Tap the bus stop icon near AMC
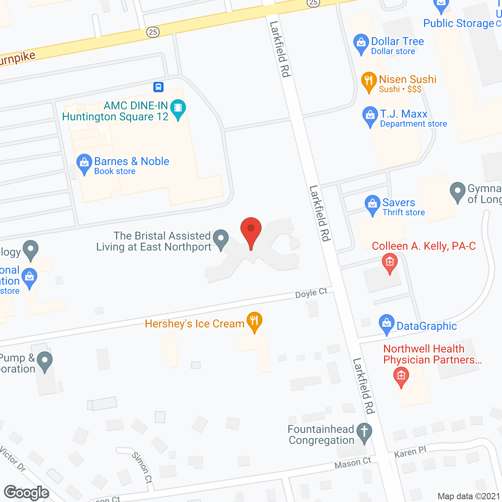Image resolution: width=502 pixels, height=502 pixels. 158,87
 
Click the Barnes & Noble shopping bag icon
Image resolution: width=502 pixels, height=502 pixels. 84,164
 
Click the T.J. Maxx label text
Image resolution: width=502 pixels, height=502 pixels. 404,114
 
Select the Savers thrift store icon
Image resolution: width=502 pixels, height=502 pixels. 372,205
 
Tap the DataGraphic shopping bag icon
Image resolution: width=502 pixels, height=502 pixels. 387,324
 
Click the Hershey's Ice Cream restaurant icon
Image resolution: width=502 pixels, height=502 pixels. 255,322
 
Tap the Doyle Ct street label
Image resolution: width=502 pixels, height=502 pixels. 311,293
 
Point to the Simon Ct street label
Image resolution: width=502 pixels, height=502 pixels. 142,467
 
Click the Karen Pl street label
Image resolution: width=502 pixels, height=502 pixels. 410,453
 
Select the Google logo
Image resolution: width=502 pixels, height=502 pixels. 26,493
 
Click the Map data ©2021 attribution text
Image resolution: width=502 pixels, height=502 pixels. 469,497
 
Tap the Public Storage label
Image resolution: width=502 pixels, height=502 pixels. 458,24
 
